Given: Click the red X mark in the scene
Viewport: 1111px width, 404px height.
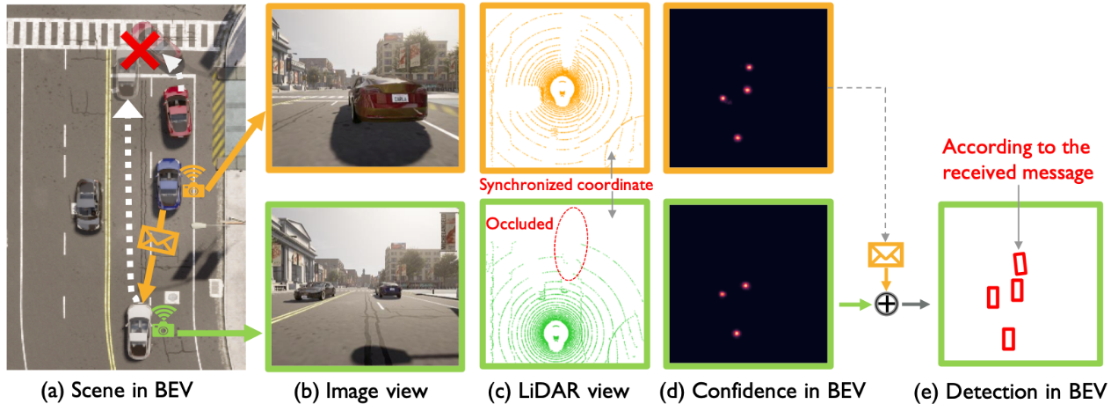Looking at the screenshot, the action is [x=141, y=49].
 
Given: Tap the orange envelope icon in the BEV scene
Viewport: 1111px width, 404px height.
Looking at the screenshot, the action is [x=157, y=240].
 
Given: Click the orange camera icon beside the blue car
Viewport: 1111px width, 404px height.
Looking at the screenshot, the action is [x=193, y=190].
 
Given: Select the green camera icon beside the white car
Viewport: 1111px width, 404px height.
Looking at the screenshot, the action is [x=163, y=329].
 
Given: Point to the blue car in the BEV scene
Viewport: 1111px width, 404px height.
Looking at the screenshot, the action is [x=168, y=184].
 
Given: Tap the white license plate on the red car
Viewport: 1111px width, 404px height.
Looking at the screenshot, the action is [x=400, y=99].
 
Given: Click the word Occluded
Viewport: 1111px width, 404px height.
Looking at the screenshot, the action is [x=519, y=224].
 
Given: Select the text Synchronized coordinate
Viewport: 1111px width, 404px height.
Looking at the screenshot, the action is [x=566, y=185].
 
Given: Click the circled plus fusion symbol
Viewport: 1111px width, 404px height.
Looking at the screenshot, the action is [x=886, y=305].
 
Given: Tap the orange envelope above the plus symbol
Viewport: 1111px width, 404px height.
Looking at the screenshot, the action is [x=885, y=254].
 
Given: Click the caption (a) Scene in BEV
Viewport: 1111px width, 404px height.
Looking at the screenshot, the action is [x=117, y=391].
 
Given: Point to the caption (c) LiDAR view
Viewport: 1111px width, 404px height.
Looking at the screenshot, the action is [x=558, y=391].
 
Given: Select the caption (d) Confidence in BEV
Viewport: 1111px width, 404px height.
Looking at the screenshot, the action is [x=762, y=391].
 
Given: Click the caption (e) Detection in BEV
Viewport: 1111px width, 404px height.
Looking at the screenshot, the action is [x=1010, y=392].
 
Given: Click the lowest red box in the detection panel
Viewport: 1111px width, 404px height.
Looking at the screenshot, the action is [x=1008, y=340].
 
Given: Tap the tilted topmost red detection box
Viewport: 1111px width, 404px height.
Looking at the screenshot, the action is [x=1020, y=263].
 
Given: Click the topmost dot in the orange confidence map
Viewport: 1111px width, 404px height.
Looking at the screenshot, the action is [x=749, y=67].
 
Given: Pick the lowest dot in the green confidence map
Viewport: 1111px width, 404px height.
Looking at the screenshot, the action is [x=737, y=334].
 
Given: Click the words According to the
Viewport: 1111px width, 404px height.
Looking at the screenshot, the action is [x=1016, y=147].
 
